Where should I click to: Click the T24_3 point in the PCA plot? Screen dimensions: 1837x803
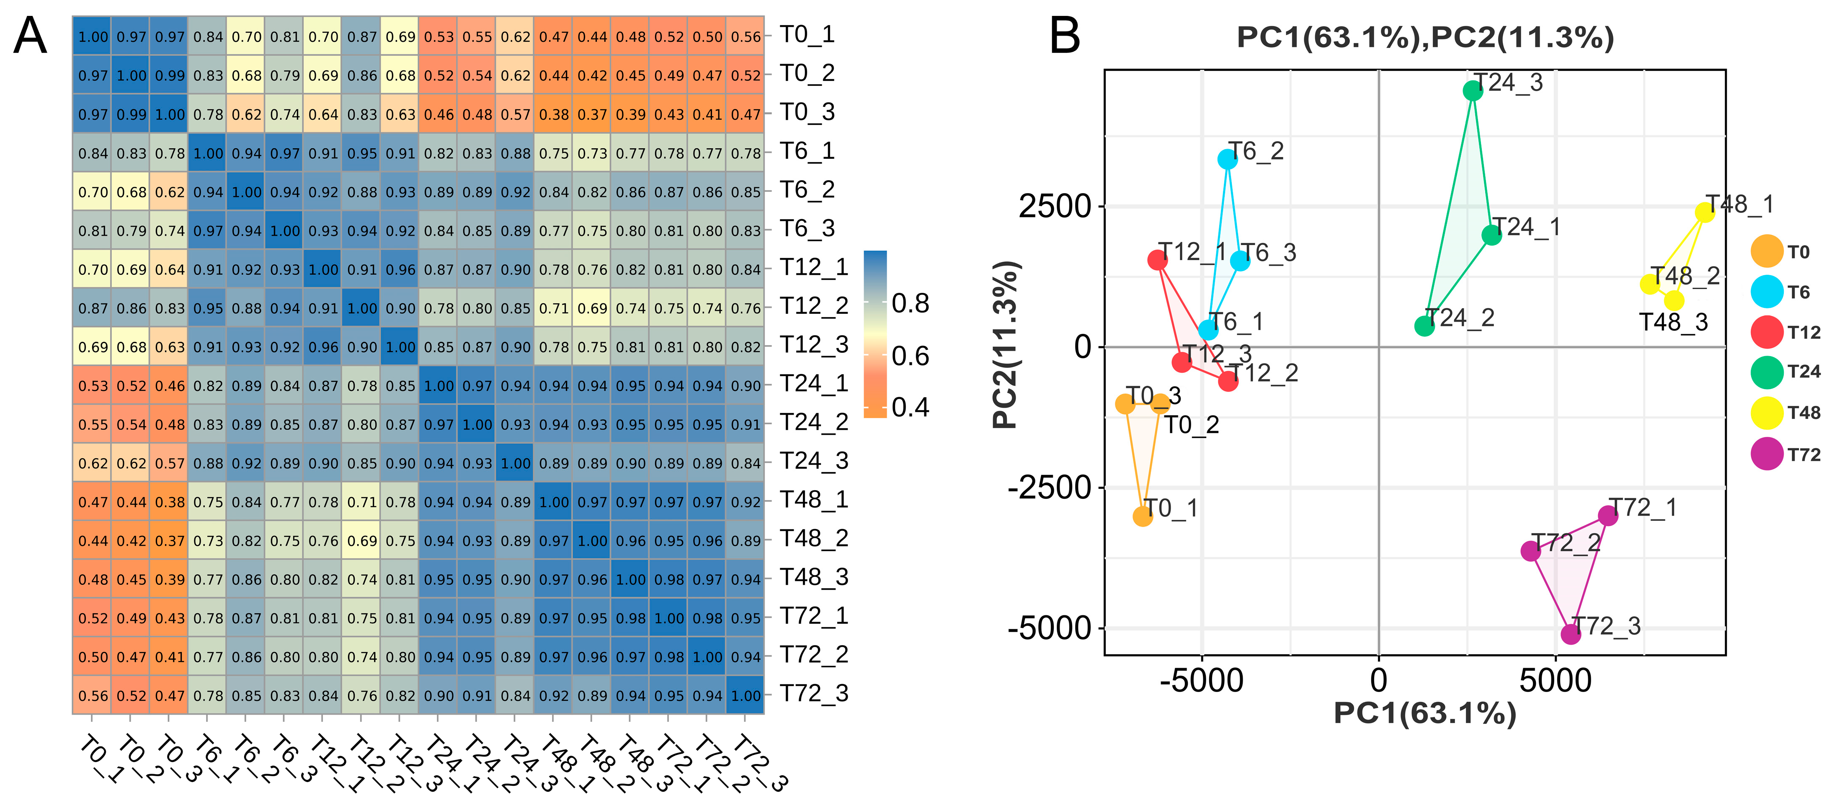pos(1473,90)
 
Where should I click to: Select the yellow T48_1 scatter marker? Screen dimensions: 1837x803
pos(1704,212)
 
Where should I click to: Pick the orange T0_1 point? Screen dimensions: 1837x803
pos(1143,516)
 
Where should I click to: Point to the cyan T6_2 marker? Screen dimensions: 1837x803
pos(1227,159)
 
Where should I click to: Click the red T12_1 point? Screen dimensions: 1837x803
pos(1157,260)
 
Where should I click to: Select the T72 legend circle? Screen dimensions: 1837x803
pos(1767,454)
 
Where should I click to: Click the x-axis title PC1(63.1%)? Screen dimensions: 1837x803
pos(1425,713)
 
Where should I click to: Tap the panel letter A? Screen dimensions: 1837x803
pos(30,36)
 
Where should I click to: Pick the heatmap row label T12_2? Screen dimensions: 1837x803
pos(814,306)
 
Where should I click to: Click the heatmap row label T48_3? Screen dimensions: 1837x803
pos(814,577)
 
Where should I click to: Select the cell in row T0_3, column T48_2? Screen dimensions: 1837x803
pos(592,114)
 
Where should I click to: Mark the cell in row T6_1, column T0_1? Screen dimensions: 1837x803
pos(93,153)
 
